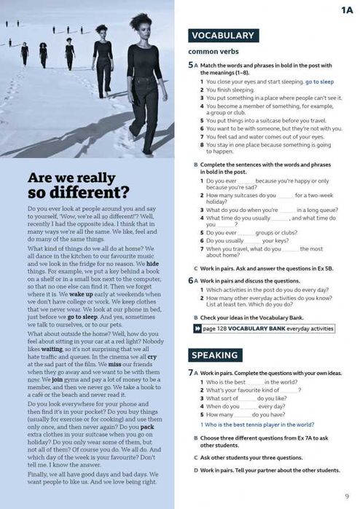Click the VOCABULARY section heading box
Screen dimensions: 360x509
click(x=222, y=35)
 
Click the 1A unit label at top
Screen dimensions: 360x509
click(x=346, y=10)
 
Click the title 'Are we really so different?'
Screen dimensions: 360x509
click(x=78, y=186)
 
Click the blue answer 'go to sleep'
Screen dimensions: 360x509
click(x=319, y=82)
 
